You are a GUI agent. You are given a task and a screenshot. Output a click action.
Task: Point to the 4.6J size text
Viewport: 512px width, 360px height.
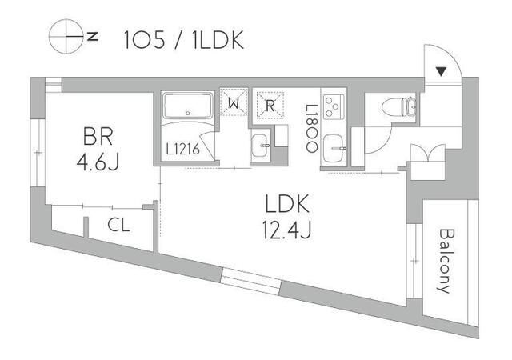click(97, 163)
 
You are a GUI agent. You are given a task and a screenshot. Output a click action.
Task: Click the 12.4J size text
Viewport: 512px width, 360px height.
click(285, 230)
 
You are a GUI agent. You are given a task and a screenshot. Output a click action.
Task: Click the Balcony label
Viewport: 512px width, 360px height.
click(444, 260)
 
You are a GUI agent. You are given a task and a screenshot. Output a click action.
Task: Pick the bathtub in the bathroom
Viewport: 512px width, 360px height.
click(188, 106)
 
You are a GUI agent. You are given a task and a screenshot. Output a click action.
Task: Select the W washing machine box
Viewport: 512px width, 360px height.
click(234, 103)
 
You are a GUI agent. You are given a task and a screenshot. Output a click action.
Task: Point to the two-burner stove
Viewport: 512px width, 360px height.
click(334, 105)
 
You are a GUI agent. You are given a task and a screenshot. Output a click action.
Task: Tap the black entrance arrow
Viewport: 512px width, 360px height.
click(441, 71)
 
